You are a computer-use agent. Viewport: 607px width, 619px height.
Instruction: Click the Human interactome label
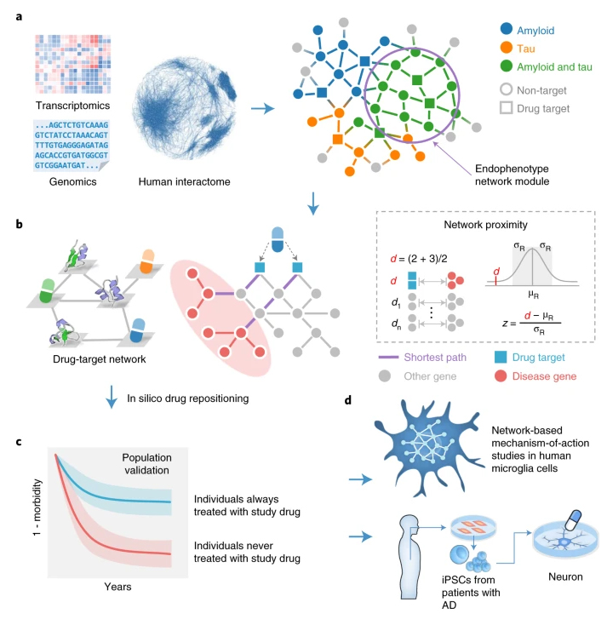[x=182, y=181]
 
